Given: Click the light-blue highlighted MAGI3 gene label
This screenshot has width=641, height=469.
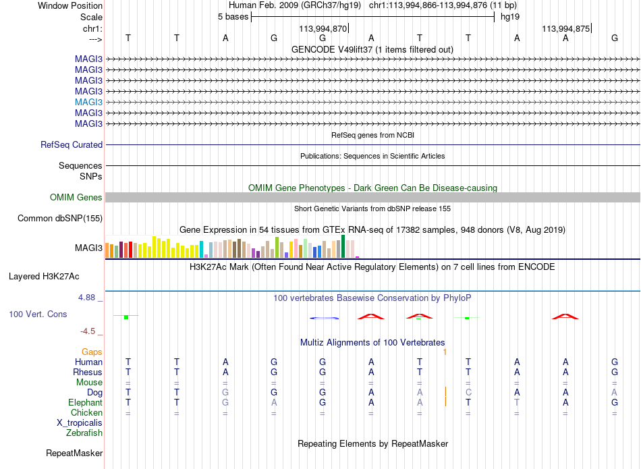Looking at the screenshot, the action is coord(88,102).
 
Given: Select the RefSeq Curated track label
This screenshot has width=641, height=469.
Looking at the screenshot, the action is coord(72,144).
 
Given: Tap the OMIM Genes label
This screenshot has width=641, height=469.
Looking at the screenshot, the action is coord(76,197).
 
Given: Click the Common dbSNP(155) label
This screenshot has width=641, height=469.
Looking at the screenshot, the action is coord(60,219).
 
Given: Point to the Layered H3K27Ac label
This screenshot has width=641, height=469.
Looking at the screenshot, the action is coord(44,277).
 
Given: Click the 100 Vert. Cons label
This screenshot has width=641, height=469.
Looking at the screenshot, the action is coord(38,314).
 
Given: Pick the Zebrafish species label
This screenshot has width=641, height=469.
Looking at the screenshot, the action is coord(84,433).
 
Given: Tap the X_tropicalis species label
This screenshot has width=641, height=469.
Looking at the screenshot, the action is coord(80,423).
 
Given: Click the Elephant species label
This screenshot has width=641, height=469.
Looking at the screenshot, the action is coord(86,402).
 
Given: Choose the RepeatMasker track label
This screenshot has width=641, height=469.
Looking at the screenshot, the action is coord(74,453).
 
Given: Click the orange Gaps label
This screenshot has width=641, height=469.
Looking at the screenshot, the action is coord(92,352).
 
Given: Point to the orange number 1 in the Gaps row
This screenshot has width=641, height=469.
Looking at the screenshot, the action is coord(445,352).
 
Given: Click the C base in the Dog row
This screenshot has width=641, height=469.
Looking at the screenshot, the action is coord(468,392).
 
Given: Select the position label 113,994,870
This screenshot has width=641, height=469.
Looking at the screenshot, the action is coord(323,28).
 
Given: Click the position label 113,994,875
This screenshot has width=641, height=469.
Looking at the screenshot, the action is coord(566,28).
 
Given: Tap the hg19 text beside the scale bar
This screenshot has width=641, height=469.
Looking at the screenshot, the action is coord(510,17).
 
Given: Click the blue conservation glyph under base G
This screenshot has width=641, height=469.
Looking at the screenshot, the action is coord(324,318).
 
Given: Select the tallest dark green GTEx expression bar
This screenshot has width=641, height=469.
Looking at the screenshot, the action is coord(343,246).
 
